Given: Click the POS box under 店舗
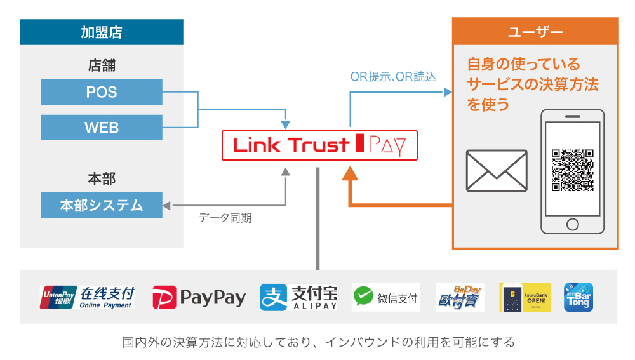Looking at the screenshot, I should tap(102, 92).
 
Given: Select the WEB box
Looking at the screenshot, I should tap(102, 128).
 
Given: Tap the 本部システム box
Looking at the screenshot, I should tap(102, 205).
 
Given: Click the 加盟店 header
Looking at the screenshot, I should tap(102, 32).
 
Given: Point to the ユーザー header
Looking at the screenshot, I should tap(535, 32).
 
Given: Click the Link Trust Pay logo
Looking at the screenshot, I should tap(320, 145).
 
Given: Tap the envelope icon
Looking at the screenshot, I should tap(496, 170).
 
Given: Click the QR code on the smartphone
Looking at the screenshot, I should tap(572, 170).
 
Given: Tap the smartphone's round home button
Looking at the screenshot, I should tap(572, 225).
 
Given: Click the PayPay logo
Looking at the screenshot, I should tap(199, 297).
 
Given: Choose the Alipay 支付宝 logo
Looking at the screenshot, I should tap(298, 297).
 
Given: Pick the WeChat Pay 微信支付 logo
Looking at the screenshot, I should tap(386, 297).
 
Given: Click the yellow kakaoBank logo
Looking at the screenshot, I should tap(525, 297).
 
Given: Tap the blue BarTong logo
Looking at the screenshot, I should tap(578, 297).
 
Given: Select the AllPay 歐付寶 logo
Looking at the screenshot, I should tap(460, 297).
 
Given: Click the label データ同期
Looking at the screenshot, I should tap(225, 218).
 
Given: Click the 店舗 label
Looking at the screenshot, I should tap(102, 65).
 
